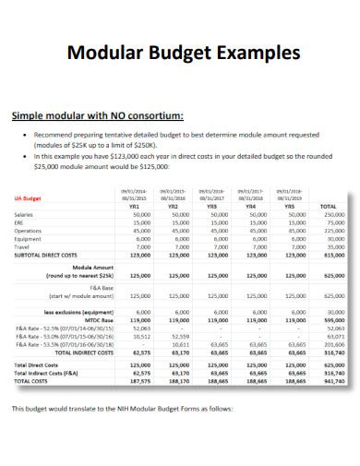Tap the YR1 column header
pos(142,208)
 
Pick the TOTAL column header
pos(327,208)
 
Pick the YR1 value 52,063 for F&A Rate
pos(142,328)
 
